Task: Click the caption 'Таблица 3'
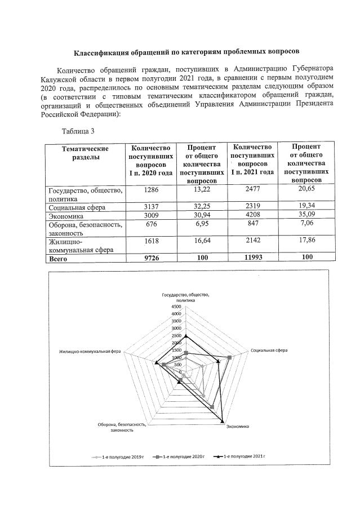tap(78, 132)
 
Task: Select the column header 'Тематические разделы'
tap(85, 153)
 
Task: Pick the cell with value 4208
tap(251, 216)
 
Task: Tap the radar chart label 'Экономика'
tap(238, 427)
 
